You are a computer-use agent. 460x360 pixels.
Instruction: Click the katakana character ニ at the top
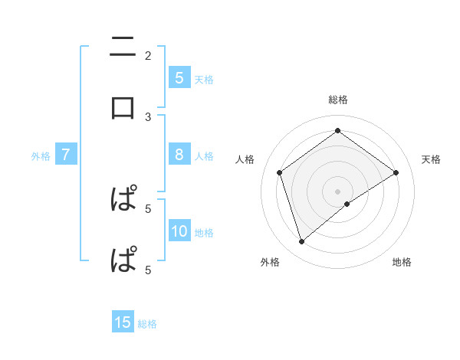tap(123, 47)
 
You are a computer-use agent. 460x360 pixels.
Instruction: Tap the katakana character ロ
tap(123, 106)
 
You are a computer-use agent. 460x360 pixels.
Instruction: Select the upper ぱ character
tap(123, 199)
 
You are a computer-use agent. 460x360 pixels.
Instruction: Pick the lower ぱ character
tap(123, 260)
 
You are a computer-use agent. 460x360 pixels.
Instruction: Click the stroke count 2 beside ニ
tap(148, 56)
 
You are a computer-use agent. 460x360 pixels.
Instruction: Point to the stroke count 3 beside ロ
tap(148, 116)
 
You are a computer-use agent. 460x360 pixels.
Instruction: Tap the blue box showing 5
tap(179, 78)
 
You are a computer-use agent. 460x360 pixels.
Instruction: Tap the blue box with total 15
tap(123, 323)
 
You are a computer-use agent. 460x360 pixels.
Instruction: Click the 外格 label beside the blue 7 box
tap(41, 156)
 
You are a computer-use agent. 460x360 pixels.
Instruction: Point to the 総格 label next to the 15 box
tap(147, 324)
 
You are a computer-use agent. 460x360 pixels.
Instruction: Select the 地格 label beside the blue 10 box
tap(205, 233)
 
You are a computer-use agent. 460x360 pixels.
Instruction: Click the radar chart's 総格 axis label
tap(338, 100)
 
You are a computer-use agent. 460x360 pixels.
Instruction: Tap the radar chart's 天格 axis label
tap(431, 159)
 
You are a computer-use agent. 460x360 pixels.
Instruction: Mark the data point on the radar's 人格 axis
tap(280, 172)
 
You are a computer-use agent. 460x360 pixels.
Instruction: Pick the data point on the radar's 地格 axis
tap(347, 204)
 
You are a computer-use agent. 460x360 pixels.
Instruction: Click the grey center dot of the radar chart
tap(338, 191)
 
